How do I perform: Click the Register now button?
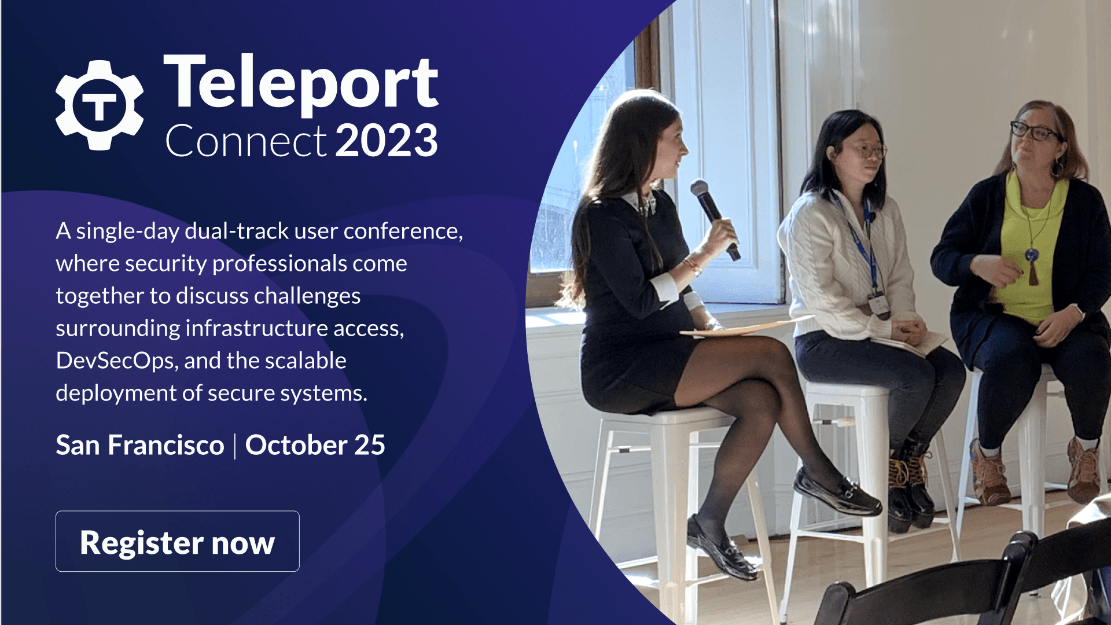click(177, 542)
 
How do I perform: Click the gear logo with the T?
click(100, 105)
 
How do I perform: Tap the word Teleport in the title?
click(301, 83)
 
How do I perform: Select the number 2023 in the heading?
click(387, 141)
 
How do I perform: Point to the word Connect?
click(246, 141)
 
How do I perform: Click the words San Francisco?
click(140, 445)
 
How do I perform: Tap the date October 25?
click(315, 445)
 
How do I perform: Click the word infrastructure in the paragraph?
click(257, 328)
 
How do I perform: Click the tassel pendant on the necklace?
click(1033, 269)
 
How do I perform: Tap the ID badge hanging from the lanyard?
click(878, 304)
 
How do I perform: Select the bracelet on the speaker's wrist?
click(692, 266)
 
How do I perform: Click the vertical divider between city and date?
click(235, 446)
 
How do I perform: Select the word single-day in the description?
click(127, 231)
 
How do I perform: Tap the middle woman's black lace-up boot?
click(911, 492)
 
